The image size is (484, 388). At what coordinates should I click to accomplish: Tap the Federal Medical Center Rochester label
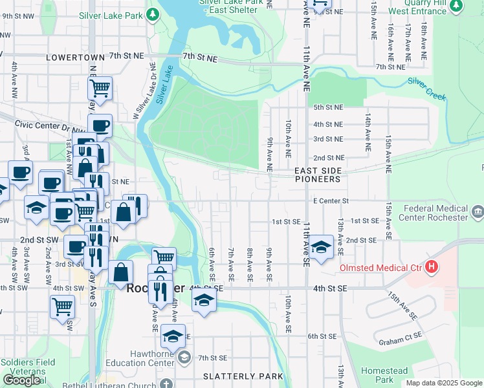tap(435, 213)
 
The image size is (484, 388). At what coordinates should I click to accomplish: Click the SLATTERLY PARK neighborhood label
tap(243, 376)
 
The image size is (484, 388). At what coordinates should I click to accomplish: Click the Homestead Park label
tap(384, 375)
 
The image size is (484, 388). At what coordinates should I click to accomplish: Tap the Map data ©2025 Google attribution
tap(443, 383)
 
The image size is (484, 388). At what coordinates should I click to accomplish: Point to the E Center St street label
tap(331, 201)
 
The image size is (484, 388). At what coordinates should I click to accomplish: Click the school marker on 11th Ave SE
tap(320, 246)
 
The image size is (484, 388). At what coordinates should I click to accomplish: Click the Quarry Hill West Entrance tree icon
tap(456, 6)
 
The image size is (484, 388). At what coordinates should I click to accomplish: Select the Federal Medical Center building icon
tap(478, 211)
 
